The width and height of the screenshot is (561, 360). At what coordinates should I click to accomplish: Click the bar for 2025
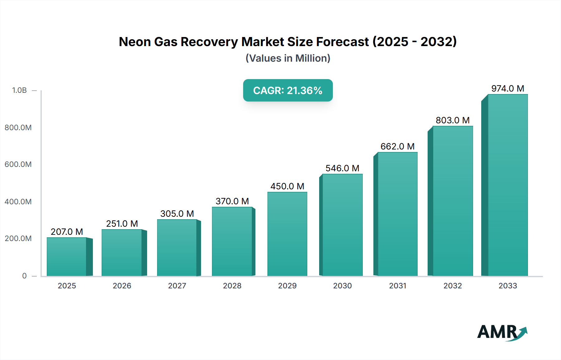[x=67, y=257]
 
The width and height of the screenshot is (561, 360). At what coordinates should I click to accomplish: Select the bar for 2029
[x=287, y=234]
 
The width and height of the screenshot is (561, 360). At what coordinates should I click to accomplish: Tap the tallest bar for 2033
[x=508, y=185]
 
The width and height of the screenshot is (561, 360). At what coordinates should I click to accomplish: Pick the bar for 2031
[x=397, y=214]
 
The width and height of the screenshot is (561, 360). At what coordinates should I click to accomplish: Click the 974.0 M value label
[x=508, y=88]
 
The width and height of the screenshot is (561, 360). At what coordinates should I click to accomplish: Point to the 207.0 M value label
[x=67, y=232]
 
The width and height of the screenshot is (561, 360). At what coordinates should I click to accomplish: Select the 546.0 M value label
[x=342, y=168]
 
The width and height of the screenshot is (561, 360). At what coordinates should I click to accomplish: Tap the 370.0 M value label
[x=232, y=201]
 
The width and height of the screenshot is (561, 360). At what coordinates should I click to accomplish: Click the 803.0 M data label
[x=453, y=120]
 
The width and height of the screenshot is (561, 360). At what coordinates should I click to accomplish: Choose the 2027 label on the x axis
[x=177, y=286]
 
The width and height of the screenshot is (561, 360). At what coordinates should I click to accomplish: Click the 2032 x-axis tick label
[x=453, y=286]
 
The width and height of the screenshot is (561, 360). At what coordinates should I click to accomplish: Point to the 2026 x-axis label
[x=122, y=286]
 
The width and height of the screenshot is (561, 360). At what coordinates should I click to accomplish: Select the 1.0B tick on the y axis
[x=19, y=90]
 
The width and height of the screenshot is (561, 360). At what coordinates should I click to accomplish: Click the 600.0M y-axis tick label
[x=18, y=164]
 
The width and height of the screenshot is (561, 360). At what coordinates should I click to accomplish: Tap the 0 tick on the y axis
[x=24, y=276]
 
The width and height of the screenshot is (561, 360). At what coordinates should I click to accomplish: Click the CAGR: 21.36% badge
[x=288, y=90]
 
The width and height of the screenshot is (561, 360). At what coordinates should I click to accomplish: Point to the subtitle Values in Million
[x=288, y=58]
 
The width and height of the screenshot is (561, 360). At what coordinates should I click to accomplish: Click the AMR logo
[x=502, y=332]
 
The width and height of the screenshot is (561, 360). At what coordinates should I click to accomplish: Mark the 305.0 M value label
[x=177, y=214]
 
